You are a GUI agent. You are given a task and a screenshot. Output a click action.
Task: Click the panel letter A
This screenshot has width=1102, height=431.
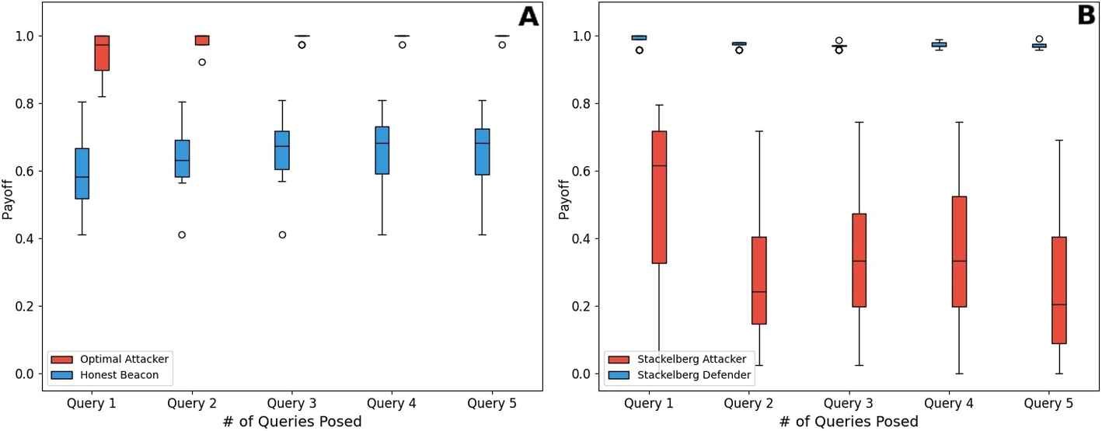528,17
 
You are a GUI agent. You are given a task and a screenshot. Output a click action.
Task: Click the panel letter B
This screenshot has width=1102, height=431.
1086,17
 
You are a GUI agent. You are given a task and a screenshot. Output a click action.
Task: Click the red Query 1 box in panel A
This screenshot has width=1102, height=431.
102,53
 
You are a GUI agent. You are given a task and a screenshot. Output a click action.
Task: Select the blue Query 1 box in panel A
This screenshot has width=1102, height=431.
82,173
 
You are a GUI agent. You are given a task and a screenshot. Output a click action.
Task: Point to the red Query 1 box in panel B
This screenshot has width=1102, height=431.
659,197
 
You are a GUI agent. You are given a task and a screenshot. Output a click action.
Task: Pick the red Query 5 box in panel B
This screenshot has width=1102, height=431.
1059,290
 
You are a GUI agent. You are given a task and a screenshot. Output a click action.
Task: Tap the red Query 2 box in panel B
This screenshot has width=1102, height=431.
759,280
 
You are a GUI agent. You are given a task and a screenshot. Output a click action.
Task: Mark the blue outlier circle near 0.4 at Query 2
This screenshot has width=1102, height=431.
182,235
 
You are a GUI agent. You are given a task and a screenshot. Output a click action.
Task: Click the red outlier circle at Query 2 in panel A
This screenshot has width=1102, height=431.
202,62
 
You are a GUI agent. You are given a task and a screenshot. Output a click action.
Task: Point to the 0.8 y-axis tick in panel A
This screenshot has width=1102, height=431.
27,103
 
